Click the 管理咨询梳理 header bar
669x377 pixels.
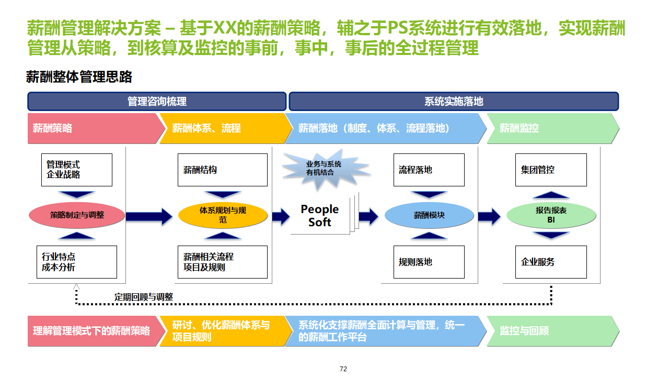157,101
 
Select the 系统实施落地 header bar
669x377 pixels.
454,101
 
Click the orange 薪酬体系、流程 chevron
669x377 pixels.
222,128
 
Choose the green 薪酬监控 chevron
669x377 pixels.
551,128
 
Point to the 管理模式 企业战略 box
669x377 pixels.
76,170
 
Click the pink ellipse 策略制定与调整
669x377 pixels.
77,215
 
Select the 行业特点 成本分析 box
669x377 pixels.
76,262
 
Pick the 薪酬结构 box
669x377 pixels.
222,170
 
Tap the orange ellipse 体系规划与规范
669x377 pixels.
223,215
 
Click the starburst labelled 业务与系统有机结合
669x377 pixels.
324,168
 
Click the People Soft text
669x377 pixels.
320,215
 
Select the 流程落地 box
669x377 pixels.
429,170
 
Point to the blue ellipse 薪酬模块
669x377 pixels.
429,215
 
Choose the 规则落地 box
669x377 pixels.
429,262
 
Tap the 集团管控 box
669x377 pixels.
551,170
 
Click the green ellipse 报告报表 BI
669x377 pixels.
551,215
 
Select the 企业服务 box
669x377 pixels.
551,262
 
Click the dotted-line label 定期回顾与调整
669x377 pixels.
144,297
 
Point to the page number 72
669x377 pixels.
343,369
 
